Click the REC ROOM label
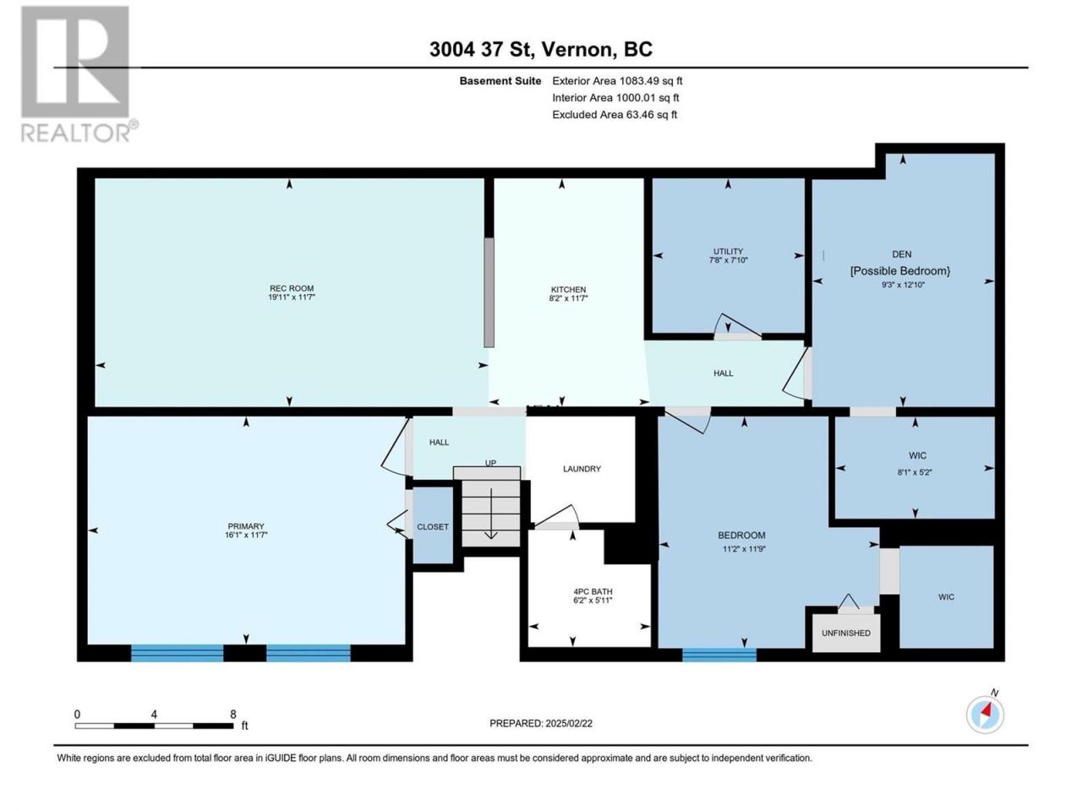[x=292, y=289]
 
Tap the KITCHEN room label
[x=568, y=290]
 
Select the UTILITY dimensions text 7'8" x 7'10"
[x=728, y=260]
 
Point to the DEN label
[x=902, y=254]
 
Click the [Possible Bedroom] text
[x=900, y=270]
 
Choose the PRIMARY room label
[x=246, y=526]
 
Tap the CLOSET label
[x=433, y=527]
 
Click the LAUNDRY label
[x=582, y=469]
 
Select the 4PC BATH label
[x=593, y=591]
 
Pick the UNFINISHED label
[x=846, y=633]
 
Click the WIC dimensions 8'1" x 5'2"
[x=915, y=472]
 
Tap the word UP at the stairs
[x=490, y=463]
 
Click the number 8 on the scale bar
[x=233, y=714]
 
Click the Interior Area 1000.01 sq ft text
[x=615, y=97]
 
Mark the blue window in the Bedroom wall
[x=719, y=655]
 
